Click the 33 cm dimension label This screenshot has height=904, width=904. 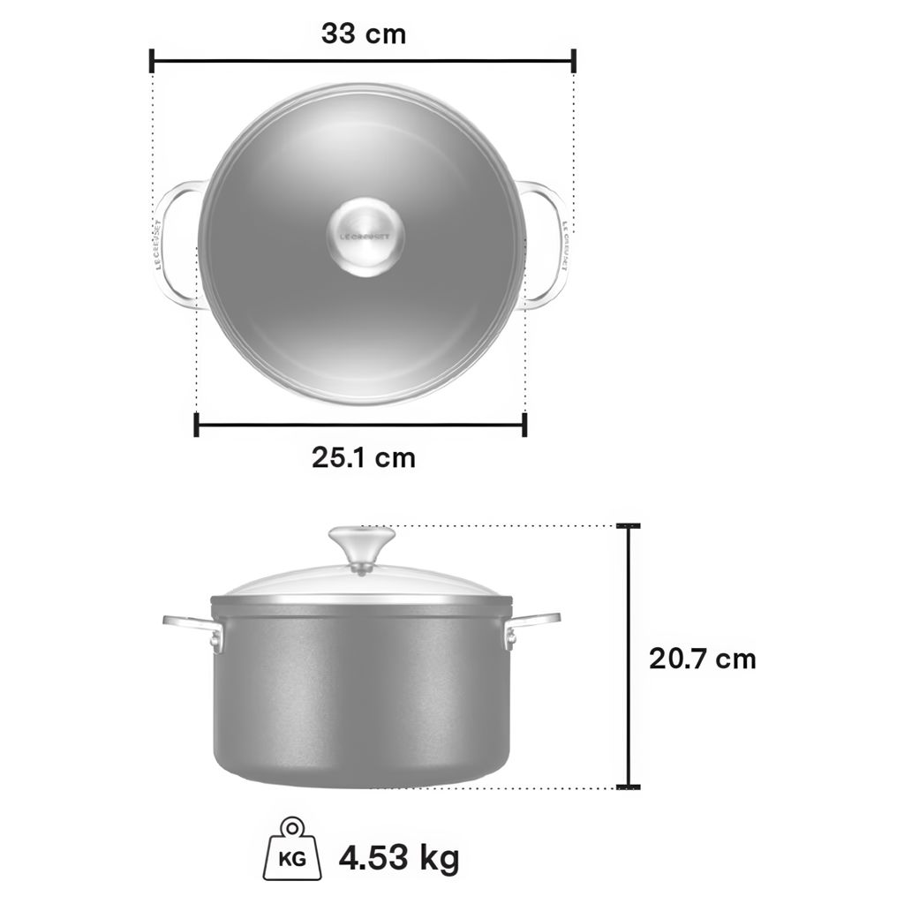coord(364,34)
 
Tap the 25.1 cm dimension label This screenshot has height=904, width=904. coord(364,458)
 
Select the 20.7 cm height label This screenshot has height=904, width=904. coord(702,659)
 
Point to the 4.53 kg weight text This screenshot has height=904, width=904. coord(399,858)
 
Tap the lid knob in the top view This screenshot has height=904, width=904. coord(365,237)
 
